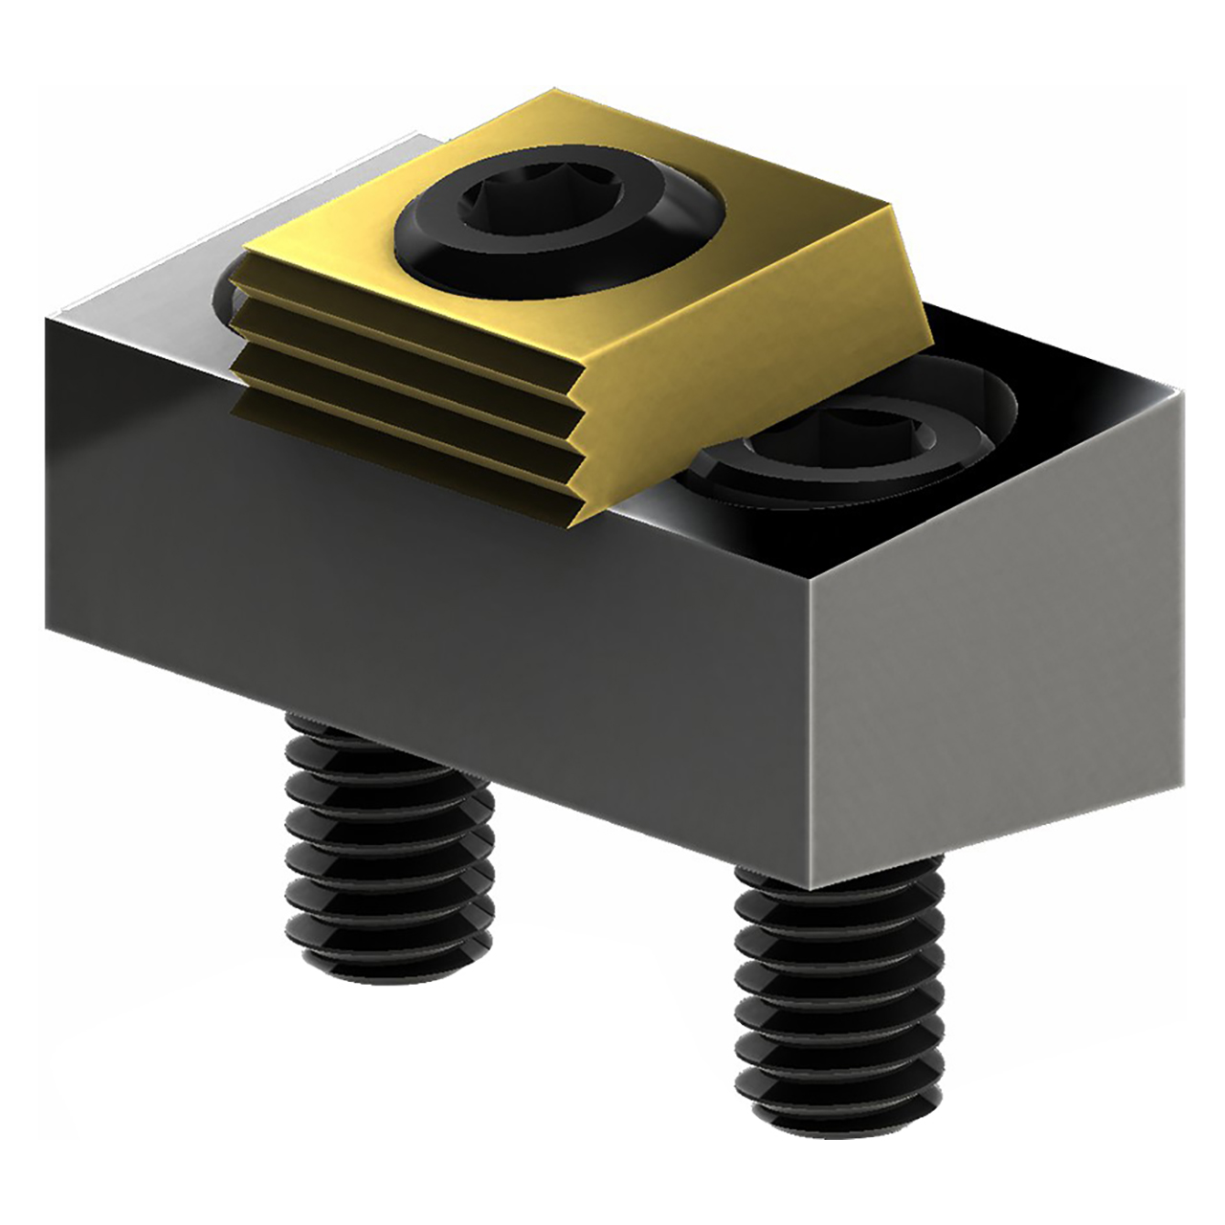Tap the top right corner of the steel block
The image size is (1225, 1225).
click(x=1183, y=392)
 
